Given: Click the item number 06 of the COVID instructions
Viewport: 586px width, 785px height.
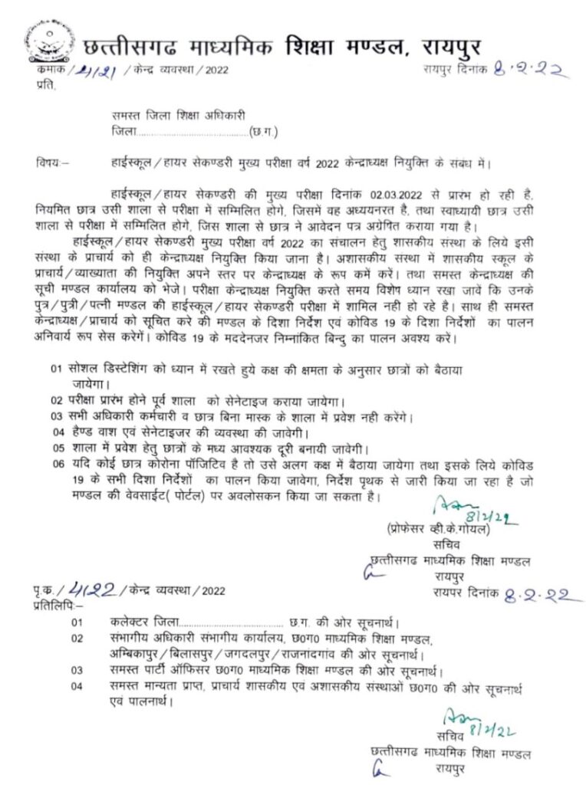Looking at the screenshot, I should tap(57, 465).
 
